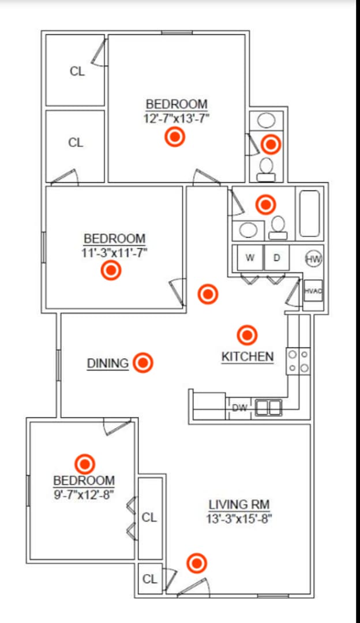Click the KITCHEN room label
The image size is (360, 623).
[x=247, y=356]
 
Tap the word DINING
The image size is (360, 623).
[x=108, y=363]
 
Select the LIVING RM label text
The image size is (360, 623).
[x=239, y=505]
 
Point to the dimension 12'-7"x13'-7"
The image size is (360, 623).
[x=176, y=118]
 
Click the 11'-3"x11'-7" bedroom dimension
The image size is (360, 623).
[x=114, y=252]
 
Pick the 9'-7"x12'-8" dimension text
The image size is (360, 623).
[x=84, y=494]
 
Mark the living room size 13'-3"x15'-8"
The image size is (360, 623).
[x=239, y=519]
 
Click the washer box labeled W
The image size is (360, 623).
[x=250, y=258]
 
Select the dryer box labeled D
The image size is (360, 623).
[x=276, y=258]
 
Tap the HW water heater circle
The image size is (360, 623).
[x=313, y=259]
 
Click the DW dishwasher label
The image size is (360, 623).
[x=239, y=408]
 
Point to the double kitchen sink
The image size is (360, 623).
[x=268, y=408]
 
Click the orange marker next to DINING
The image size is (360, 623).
[x=143, y=363]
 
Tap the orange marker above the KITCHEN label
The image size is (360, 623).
[x=247, y=335]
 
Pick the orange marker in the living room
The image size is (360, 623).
[x=197, y=563]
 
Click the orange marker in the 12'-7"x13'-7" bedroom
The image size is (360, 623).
[x=174, y=137]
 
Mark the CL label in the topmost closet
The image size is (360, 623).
[x=77, y=72]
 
